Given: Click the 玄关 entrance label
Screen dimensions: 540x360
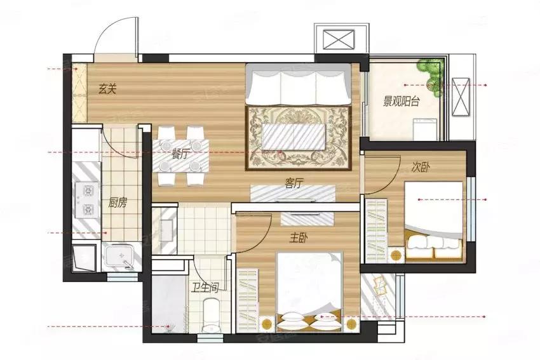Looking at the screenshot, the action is tap(108, 90).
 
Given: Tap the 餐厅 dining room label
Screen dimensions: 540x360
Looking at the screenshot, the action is tap(181, 154).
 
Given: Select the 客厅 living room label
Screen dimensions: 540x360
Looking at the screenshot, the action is tap(294, 183).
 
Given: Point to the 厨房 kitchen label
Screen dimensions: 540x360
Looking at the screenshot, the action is tap(118, 203).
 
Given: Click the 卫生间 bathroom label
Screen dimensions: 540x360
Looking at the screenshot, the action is tap(205, 288).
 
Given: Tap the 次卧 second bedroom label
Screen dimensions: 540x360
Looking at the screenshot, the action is tap(421, 168).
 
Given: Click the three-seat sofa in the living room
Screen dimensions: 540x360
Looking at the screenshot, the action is tap(298, 84).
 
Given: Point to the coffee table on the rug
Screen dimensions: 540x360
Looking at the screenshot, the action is tap(294, 137).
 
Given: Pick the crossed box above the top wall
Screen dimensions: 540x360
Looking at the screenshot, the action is tap(339, 39).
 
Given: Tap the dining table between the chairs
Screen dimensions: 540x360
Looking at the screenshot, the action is tap(180, 155).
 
